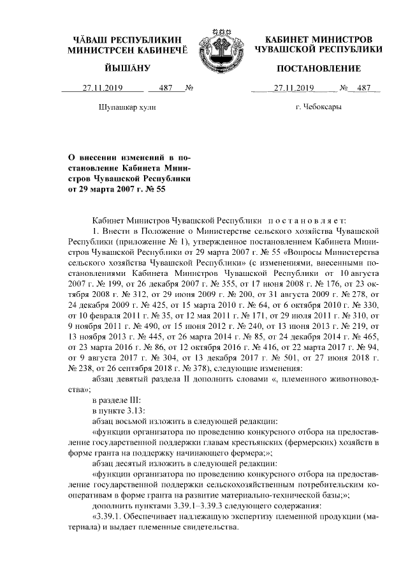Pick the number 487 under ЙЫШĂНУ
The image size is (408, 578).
click(166, 89)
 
